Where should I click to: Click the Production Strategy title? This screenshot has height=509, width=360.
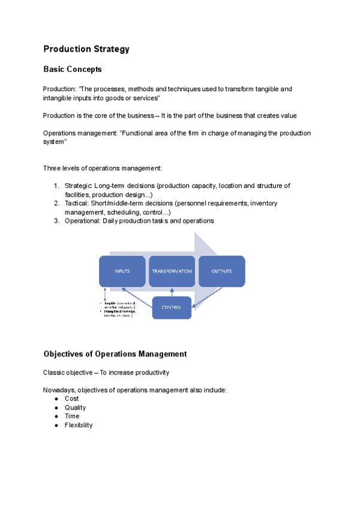[x=86, y=49]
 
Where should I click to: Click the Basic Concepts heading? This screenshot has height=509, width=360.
[x=73, y=70]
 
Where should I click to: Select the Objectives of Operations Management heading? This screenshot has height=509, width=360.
[x=115, y=354]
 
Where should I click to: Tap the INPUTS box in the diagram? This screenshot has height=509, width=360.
[x=122, y=271]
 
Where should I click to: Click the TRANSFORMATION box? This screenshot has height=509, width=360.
[x=172, y=271]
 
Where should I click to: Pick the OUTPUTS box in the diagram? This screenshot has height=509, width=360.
[x=221, y=271]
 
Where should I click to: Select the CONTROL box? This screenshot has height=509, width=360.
[x=172, y=309]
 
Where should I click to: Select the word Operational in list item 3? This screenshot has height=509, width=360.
[x=83, y=221]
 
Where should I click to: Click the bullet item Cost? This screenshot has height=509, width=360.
[x=71, y=399]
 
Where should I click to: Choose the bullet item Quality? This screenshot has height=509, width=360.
[x=75, y=408]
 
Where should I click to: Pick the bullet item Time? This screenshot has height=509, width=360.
[x=72, y=416]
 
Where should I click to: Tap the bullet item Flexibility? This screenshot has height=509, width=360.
[x=79, y=425]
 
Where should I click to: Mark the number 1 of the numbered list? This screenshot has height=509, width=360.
[x=56, y=185]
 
